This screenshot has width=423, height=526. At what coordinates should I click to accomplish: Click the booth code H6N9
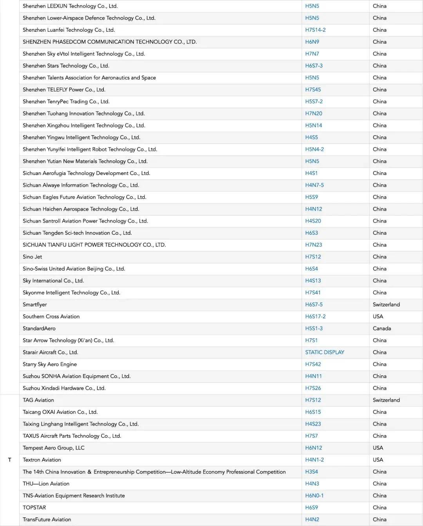tap(312, 42)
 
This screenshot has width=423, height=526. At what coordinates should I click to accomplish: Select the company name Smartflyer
tap(35, 304)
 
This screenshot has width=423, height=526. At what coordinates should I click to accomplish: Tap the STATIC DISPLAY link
tap(325, 352)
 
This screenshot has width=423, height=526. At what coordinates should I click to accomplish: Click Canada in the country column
tap(382, 328)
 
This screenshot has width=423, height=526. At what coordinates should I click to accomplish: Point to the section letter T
tap(10, 460)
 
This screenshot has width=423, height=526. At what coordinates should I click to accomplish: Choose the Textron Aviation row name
tap(42, 460)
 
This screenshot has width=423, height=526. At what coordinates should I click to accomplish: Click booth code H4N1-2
tap(315, 460)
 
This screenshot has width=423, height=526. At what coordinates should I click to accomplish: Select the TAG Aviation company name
tap(38, 400)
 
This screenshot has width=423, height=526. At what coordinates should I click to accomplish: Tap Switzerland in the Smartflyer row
tap(386, 304)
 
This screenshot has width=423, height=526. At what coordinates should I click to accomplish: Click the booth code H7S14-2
tap(315, 30)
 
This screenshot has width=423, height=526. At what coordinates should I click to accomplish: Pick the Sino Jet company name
tap(33, 257)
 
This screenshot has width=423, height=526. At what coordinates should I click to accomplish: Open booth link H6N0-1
tap(315, 495)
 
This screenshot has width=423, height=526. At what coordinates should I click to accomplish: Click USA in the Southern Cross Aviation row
tap(378, 316)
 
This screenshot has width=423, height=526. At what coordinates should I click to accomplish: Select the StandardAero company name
tap(39, 328)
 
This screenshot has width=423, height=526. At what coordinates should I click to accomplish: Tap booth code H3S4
tap(312, 472)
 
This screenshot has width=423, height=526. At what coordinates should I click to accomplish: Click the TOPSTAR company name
tap(34, 508)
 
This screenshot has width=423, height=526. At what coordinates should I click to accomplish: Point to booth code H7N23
tap(314, 245)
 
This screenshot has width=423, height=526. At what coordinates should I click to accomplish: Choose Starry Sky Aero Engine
tap(50, 364)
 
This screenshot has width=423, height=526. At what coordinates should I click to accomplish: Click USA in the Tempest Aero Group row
tap(378, 448)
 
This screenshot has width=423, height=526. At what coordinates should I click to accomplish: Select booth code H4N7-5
tap(315, 185)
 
